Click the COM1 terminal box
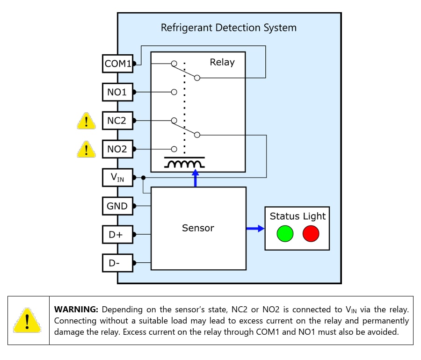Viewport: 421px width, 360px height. click(117, 64)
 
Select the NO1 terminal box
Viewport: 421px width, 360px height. click(117, 92)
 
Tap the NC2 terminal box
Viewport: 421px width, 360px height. click(117, 121)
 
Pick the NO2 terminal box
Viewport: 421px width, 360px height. click(117, 149)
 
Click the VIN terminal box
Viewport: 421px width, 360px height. click(117, 178)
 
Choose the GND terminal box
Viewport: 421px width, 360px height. click(117, 206)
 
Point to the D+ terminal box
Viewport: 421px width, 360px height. click(117, 234)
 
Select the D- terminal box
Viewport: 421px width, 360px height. click(117, 263)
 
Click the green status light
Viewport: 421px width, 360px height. click(285, 233)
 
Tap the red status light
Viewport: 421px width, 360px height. click(311, 233)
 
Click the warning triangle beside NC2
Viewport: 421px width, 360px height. click(86, 121)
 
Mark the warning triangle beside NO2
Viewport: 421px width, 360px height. click(86, 150)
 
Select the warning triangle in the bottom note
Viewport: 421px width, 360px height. click(28, 321)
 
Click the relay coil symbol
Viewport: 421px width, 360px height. click(184, 164)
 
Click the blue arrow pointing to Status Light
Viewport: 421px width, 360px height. click(255, 228)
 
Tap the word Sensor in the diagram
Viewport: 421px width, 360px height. click(198, 228)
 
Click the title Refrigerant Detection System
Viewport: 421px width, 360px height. click(228, 28)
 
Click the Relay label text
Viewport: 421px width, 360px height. click(222, 62)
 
